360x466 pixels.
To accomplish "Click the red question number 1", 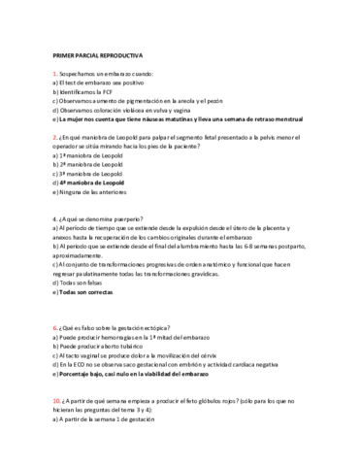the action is point(54,75).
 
